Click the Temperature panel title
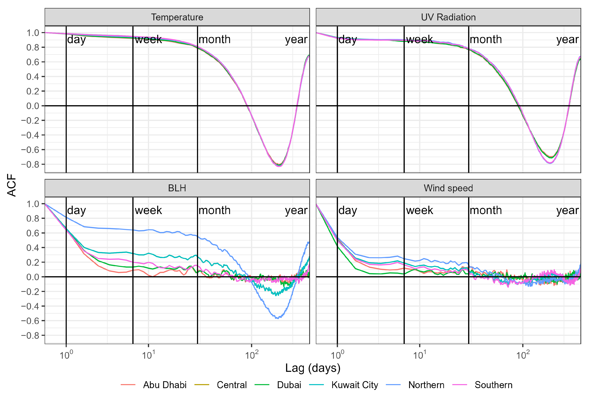click(x=177, y=17)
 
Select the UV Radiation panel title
click(x=448, y=17)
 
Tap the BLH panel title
click(x=177, y=188)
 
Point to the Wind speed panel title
click(x=448, y=188)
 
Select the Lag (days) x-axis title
click(x=313, y=368)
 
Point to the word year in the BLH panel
click(x=296, y=210)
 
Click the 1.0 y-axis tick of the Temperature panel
click(x=33, y=33)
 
